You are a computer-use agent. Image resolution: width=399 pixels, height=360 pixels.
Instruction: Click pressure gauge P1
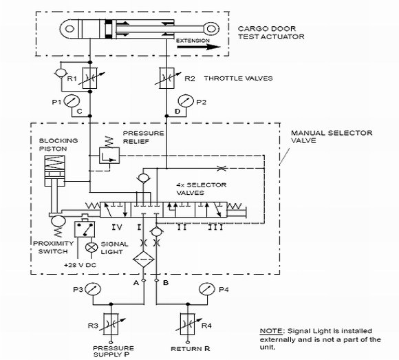(x=72, y=101)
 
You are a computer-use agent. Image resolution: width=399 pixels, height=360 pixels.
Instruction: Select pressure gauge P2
(x=186, y=101)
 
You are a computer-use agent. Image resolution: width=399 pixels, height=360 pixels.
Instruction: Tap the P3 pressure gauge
(x=93, y=289)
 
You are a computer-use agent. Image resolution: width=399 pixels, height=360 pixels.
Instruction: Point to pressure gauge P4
(x=207, y=289)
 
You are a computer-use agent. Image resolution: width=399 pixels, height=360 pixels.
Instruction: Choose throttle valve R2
(x=166, y=78)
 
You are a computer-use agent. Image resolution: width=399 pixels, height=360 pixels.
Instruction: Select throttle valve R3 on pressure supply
(x=111, y=324)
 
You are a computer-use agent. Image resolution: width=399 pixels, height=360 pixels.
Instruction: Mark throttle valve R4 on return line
(x=188, y=324)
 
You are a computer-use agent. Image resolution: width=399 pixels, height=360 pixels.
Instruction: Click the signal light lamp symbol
(x=91, y=247)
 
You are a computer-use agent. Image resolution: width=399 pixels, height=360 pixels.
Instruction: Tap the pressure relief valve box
(x=109, y=156)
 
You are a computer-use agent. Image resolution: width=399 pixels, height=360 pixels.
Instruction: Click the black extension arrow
(x=199, y=47)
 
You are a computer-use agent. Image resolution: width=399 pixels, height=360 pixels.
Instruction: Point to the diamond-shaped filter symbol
(x=144, y=260)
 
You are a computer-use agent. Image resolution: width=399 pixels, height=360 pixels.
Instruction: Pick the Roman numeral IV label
(x=117, y=227)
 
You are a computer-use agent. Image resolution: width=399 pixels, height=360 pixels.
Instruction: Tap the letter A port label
(x=136, y=283)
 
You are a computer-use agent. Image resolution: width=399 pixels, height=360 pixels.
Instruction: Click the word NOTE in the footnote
(x=271, y=331)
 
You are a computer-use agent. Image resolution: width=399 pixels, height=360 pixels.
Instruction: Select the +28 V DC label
(x=80, y=265)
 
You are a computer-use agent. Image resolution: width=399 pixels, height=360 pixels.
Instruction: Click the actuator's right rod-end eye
(x=211, y=28)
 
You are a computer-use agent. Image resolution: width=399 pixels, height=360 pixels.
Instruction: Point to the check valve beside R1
(x=61, y=73)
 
